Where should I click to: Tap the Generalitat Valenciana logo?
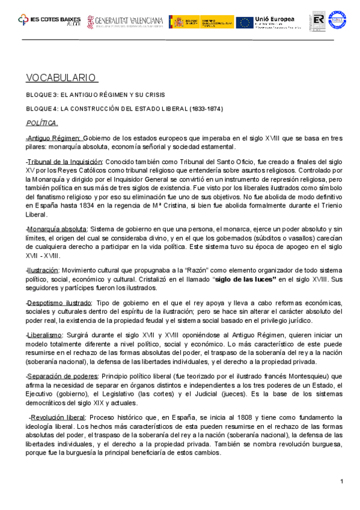point(125,21)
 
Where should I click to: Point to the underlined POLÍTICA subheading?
point(42,123)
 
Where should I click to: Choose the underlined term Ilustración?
point(43,271)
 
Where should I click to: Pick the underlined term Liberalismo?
point(45,334)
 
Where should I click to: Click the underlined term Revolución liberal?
point(60,417)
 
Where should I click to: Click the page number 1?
point(341,481)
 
